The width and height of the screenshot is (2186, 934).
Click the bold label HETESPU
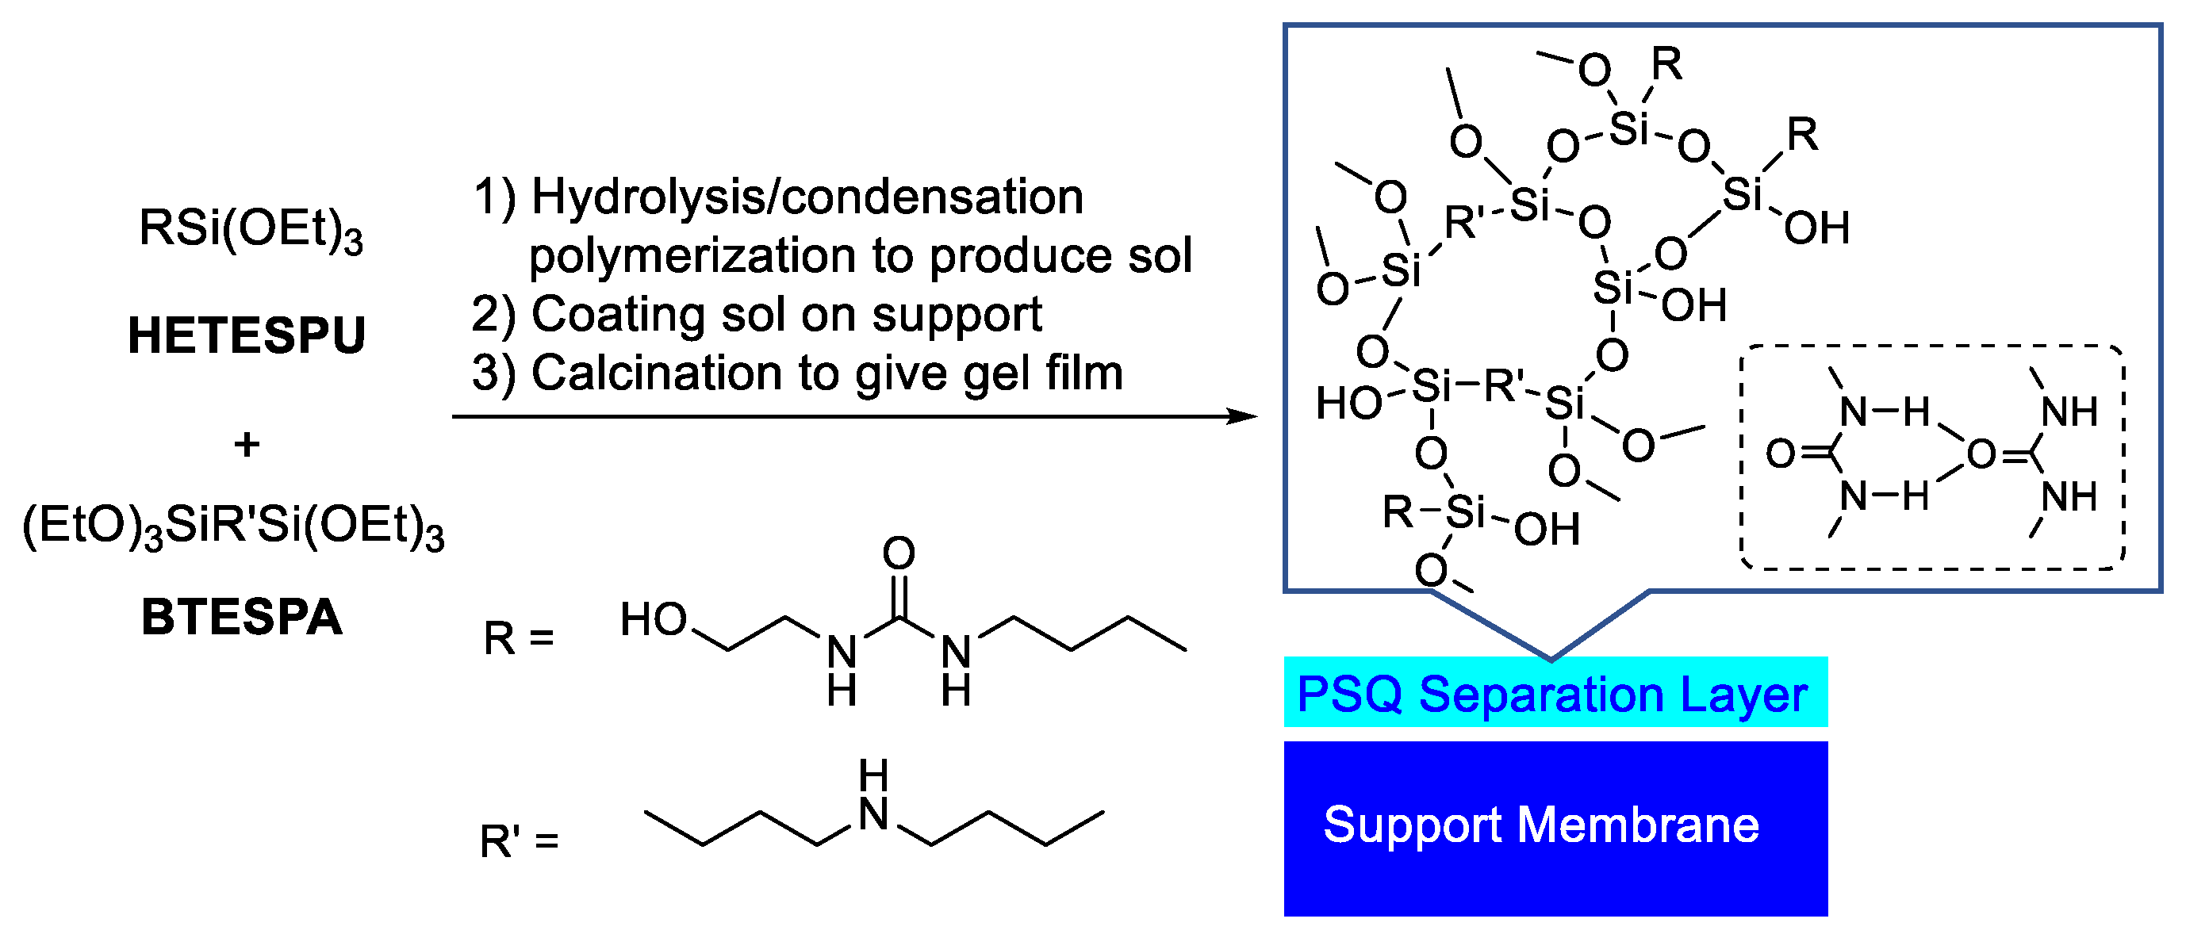[246, 335]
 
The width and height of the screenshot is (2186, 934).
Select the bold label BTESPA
[242, 617]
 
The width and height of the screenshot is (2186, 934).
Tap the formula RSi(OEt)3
[251, 229]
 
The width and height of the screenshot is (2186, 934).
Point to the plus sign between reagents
[247, 445]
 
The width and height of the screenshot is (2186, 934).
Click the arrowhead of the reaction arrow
[1244, 416]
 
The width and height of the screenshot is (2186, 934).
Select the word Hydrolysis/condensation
[807, 197]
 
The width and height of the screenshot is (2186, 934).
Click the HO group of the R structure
[654, 619]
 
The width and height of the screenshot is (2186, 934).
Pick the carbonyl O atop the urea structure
[899, 554]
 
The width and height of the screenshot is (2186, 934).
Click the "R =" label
[519, 639]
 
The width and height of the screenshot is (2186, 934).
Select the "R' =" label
[519, 841]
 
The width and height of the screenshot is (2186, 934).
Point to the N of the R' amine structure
[873, 814]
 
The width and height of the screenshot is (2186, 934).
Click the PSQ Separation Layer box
[1555, 692]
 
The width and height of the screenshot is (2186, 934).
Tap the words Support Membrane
[1541, 825]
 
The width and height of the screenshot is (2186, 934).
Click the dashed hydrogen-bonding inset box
[1932, 457]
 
